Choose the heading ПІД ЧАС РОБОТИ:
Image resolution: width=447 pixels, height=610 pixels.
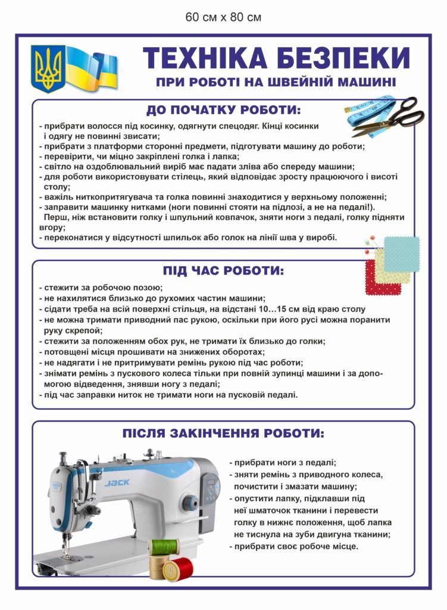(224, 270)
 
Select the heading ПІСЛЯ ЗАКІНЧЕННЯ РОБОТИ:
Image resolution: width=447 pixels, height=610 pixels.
(223, 433)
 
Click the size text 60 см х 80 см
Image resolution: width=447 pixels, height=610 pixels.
(223, 17)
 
